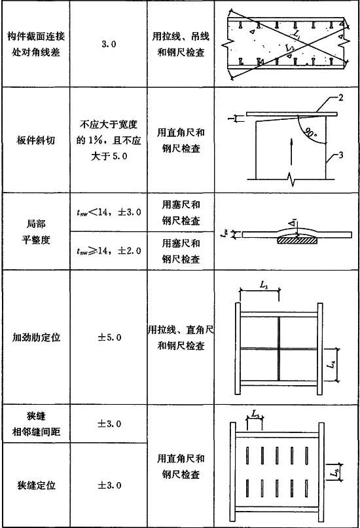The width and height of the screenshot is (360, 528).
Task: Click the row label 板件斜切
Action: coord(35,140)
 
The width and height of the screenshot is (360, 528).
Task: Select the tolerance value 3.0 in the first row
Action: coord(109,44)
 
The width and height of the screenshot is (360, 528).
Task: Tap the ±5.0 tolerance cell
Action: coord(109,337)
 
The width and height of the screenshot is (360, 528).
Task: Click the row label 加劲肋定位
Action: coord(36,337)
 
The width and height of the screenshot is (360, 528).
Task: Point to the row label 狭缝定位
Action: coord(36,485)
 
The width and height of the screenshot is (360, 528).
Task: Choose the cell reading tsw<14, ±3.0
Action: coord(109,212)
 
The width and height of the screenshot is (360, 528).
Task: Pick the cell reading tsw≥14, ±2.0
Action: coord(109,250)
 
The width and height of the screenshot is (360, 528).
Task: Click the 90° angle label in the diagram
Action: coord(310,132)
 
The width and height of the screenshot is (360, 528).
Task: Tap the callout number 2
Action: coord(341,98)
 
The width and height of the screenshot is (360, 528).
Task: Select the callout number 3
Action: coord(341,155)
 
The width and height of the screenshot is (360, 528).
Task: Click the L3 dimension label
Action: coord(264,285)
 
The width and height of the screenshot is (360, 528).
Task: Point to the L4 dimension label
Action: coord(332,364)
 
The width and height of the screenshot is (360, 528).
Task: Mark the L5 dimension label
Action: coord(255,413)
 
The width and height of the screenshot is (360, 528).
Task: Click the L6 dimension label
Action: coord(334,473)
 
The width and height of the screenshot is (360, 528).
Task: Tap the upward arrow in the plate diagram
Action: coord(291,151)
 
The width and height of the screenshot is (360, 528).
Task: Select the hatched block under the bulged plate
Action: coord(297,240)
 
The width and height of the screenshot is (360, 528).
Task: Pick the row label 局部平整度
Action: coord(36,231)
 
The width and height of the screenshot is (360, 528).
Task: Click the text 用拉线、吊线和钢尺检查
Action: coord(181,44)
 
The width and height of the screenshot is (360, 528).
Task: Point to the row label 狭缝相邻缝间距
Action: coord(36,424)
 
